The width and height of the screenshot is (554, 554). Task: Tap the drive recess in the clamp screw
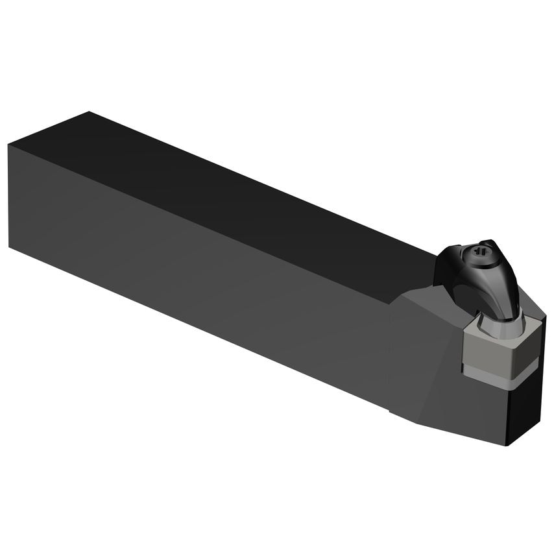tap(481, 249)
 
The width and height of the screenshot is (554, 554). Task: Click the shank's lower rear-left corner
tap(10, 247)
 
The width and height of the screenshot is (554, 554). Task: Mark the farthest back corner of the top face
tap(88, 112)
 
